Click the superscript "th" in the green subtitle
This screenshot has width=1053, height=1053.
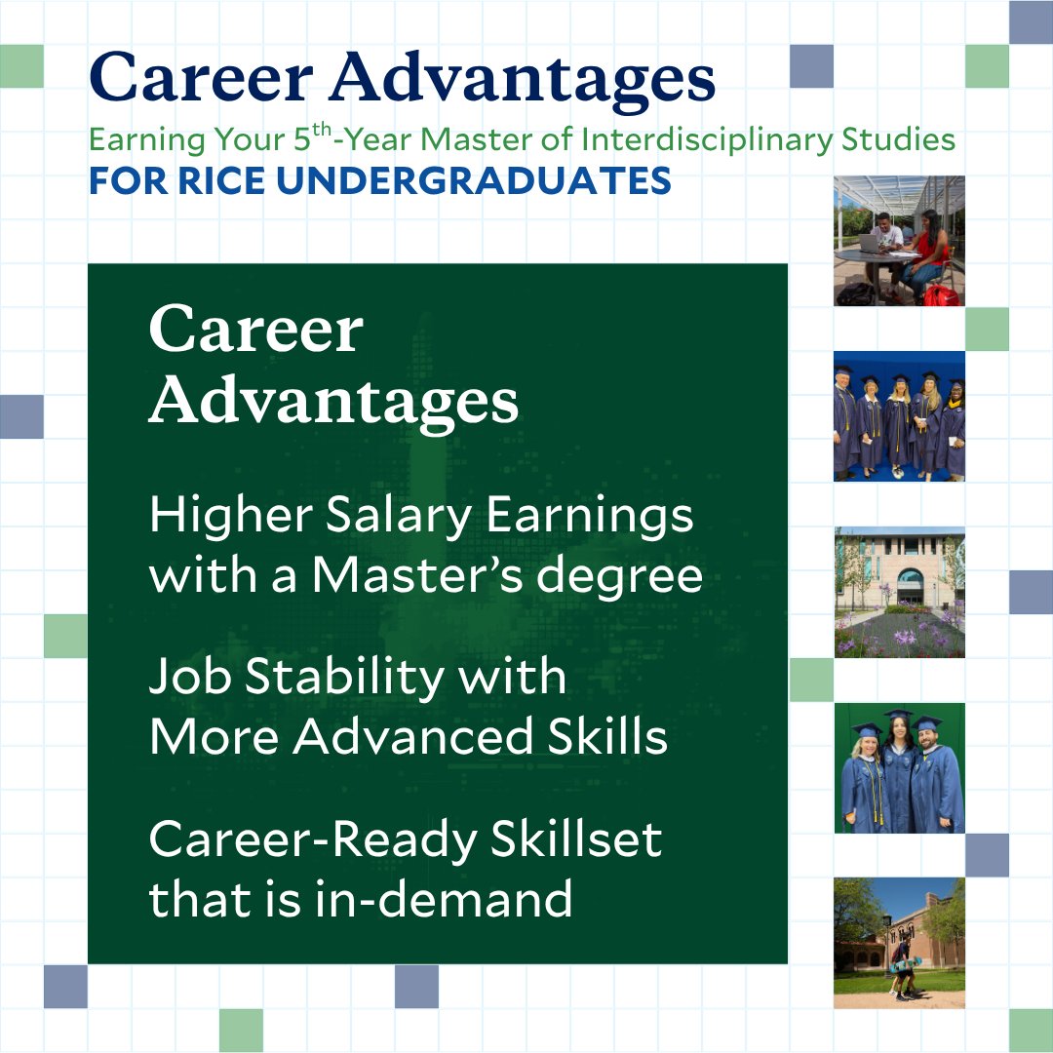pyautogui.click(x=322, y=131)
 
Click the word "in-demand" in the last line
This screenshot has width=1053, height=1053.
pyautogui.click(x=445, y=899)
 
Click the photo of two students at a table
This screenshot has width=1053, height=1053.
pyautogui.click(x=899, y=241)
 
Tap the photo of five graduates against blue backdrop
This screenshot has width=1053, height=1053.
pyautogui.click(x=899, y=416)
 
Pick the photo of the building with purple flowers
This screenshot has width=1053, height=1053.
pyautogui.click(x=899, y=592)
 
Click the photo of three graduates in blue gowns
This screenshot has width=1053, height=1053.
pyautogui.click(x=899, y=767)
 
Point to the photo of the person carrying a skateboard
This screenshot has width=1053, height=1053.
pyautogui.click(x=899, y=943)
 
